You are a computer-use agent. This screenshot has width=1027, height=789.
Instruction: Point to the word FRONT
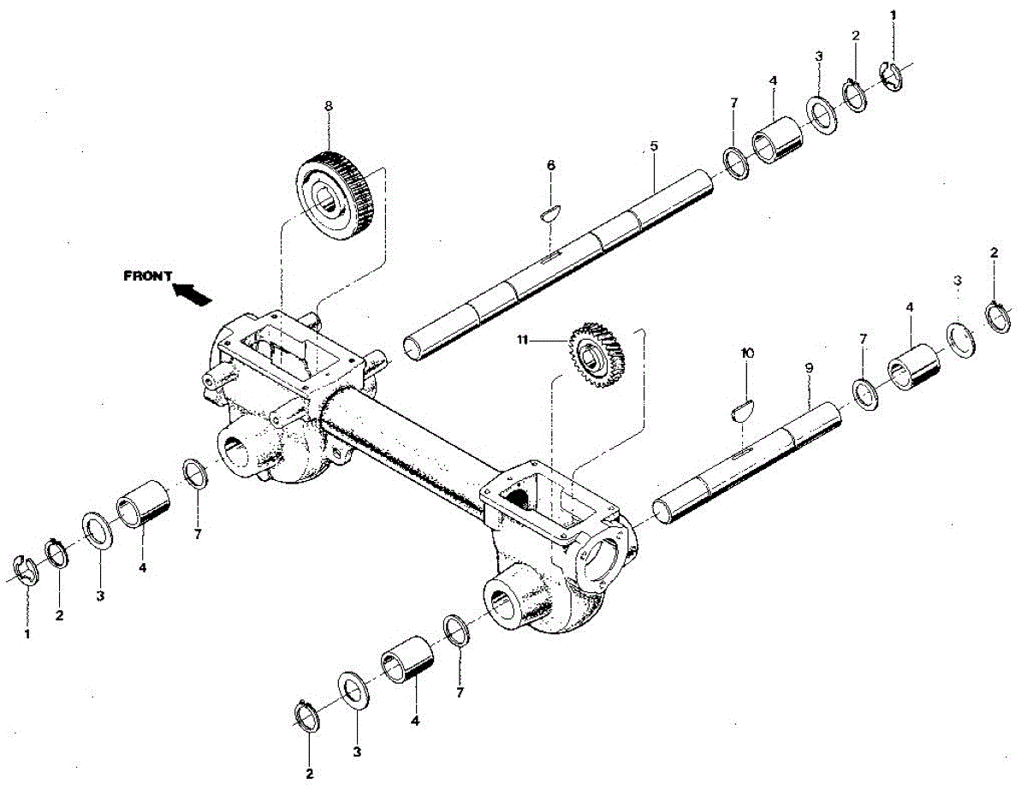coord(148,276)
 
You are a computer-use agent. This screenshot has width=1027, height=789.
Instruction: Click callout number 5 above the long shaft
coord(654,146)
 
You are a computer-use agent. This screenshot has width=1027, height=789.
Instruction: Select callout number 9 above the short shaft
coord(809,367)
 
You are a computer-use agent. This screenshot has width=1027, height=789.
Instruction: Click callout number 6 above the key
coord(550,164)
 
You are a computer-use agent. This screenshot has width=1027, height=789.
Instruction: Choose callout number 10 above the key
coord(746,353)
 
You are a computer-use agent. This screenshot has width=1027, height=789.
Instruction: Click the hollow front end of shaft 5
coord(414,347)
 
